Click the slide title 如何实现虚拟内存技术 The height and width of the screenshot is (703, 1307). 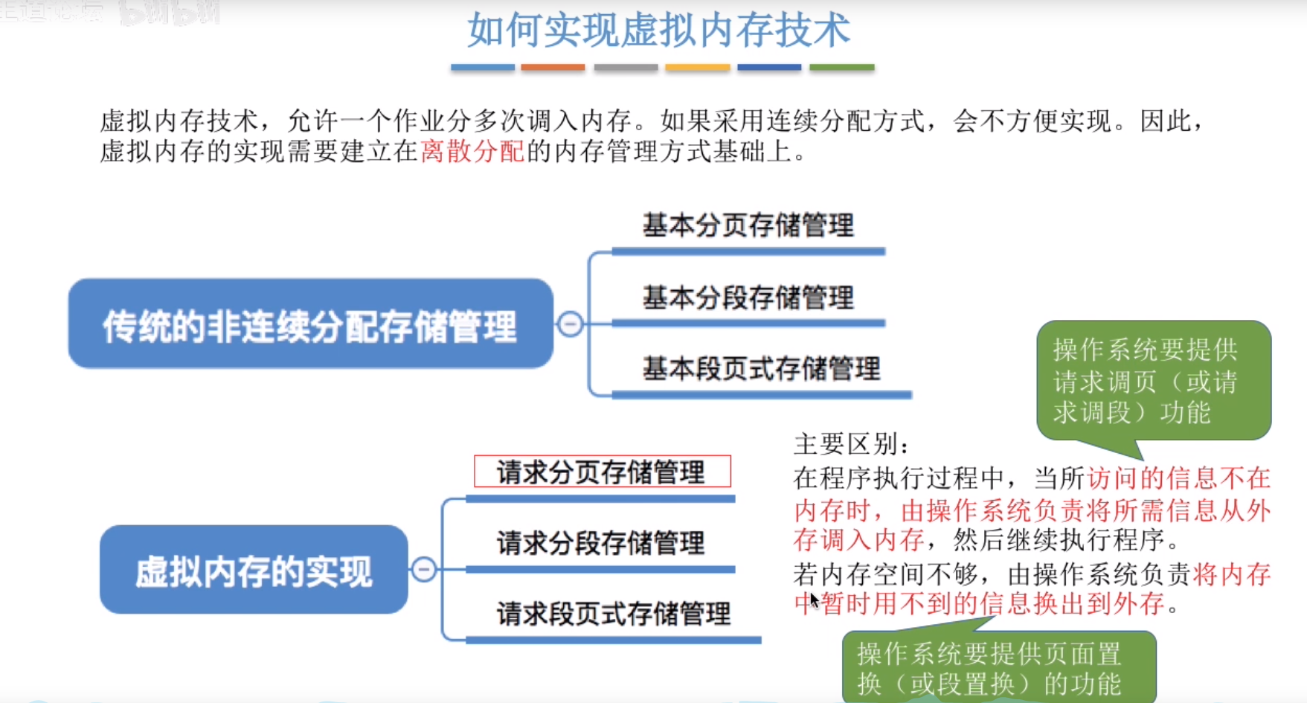tap(658, 30)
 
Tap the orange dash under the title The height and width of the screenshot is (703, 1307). tap(553, 67)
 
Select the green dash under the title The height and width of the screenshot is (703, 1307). tap(841, 67)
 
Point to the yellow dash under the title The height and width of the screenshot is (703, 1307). tap(697, 67)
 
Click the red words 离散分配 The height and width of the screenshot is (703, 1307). tap(472, 152)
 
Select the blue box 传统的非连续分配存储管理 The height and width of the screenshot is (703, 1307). tap(310, 324)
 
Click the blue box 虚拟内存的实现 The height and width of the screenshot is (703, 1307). tap(253, 570)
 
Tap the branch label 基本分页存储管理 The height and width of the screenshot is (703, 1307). tap(748, 225)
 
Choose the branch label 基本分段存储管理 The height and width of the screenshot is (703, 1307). tap(748, 298)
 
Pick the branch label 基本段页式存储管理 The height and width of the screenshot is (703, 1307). tap(761, 368)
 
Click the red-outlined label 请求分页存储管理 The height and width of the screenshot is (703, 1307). tap(602, 472)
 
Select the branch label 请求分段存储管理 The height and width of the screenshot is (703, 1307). tap(600, 543)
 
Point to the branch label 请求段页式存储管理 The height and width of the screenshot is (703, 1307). tap(613, 614)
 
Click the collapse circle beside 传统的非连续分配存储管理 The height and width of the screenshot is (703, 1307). tap(571, 324)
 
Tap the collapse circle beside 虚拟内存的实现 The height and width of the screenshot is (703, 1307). tap(424, 570)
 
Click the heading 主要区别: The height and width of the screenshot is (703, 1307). tap(851, 445)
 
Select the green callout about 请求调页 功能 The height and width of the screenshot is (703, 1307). tap(1152, 381)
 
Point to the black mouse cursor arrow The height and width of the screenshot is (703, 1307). tap(814, 600)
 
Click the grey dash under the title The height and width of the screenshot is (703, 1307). tap(626, 67)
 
